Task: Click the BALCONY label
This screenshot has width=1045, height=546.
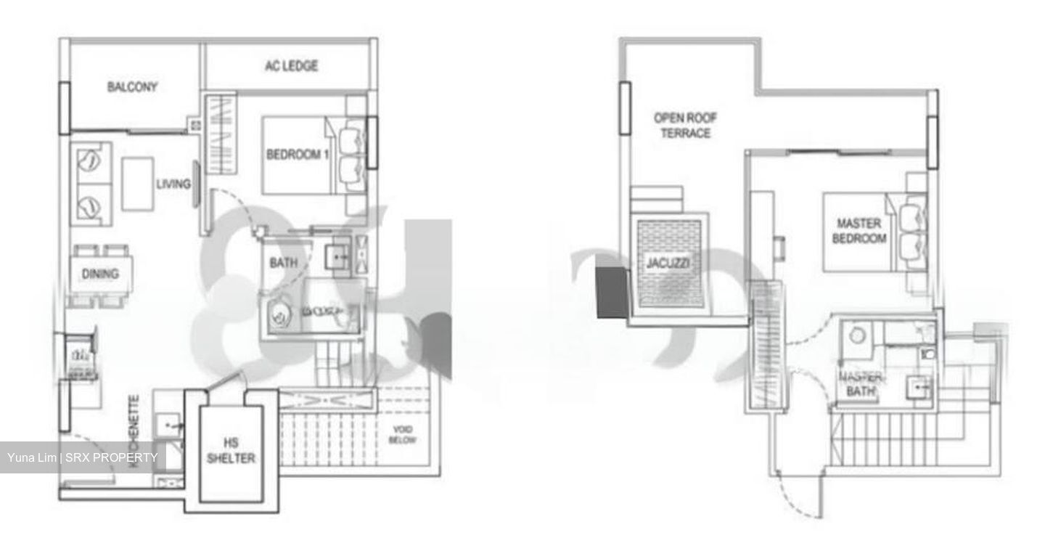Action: [x=132, y=87]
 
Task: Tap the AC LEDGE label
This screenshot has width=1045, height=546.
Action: [x=290, y=66]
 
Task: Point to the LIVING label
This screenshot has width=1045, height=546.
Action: [x=173, y=184]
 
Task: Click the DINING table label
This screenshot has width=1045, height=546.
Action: [x=100, y=274]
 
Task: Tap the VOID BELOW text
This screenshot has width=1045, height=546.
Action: [x=402, y=435]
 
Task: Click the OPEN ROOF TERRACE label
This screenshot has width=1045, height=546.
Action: [x=681, y=125]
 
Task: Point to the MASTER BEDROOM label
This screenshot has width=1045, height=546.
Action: [x=861, y=230]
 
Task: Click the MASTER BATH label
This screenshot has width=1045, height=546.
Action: [x=861, y=383]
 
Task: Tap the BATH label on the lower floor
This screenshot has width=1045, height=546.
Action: [x=282, y=262]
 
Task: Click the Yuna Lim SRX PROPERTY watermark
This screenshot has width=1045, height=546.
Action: [x=82, y=457]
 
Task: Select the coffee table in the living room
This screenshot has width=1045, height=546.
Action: [x=137, y=184]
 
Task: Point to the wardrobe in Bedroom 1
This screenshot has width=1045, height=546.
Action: [x=221, y=135]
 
